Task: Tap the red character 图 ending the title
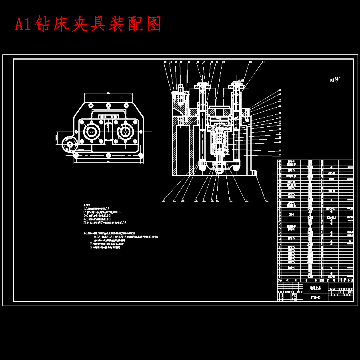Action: [154, 24]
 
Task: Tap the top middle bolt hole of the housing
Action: [108, 105]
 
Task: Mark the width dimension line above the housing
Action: [108, 94]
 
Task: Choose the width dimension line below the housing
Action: [108, 162]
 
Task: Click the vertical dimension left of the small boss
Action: [57, 138]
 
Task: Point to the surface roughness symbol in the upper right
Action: [336, 80]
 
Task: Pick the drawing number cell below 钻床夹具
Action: [315, 298]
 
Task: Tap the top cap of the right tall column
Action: [236, 86]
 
